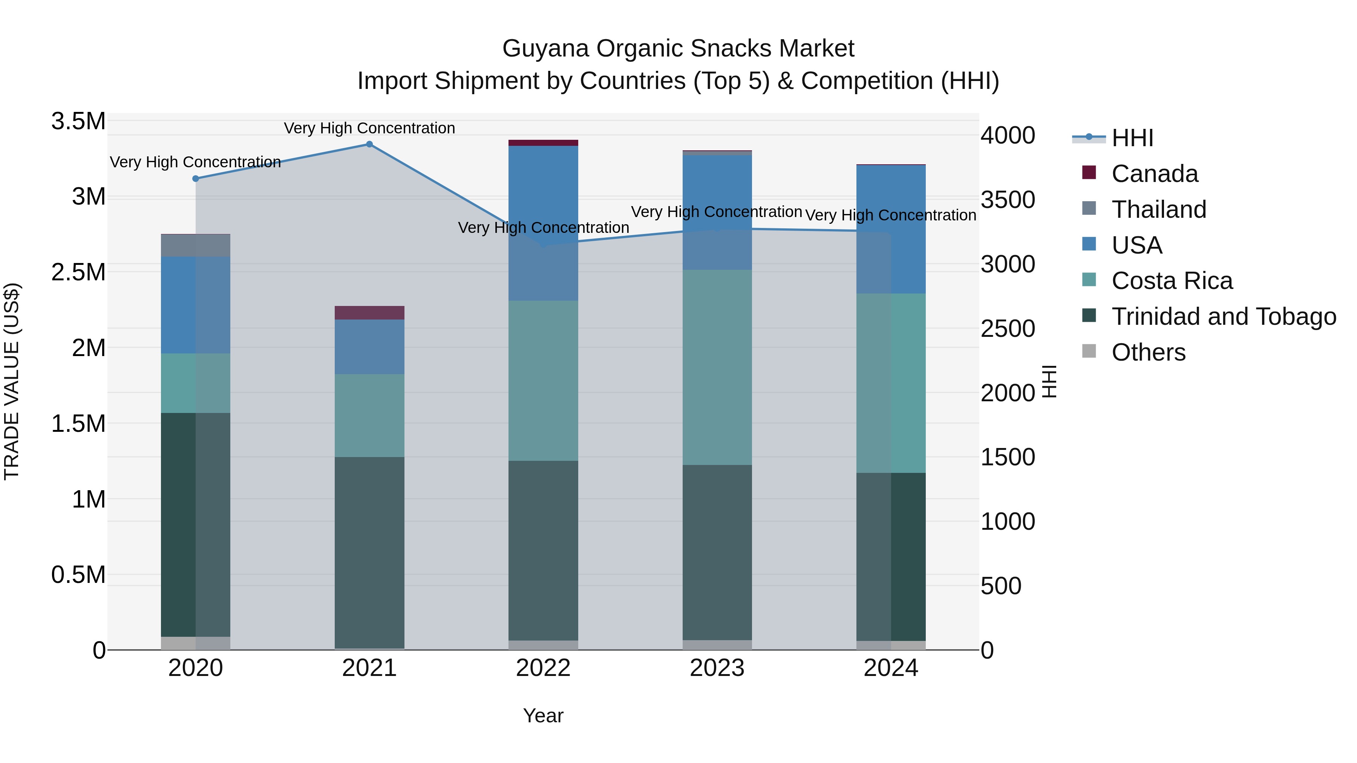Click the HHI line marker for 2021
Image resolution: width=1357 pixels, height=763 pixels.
click(x=369, y=144)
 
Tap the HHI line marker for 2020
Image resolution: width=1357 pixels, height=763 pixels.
click(x=195, y=179)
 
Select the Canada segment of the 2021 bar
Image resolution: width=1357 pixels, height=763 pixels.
click(x=369, y=313)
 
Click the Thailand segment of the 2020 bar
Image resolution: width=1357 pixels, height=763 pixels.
click(x=195, y=245)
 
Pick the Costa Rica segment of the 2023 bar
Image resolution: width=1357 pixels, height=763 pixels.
click(x=717, y=367)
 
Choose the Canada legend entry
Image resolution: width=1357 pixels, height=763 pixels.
click(x=1154, y=174)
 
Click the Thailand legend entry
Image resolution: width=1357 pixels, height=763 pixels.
click(x=1158, y=209)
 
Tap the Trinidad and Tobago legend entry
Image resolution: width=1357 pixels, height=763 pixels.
click(x=1223, y=317)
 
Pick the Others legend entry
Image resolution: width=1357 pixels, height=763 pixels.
click(x=1149, y=352)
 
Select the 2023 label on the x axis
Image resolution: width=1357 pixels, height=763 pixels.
click(x=717, y=669)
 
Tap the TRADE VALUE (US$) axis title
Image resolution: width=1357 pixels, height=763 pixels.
click(x=12, y=381)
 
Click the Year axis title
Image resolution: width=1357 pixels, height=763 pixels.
click(x=543, y=716)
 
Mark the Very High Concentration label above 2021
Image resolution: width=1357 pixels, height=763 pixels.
click(x=369, y=128)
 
